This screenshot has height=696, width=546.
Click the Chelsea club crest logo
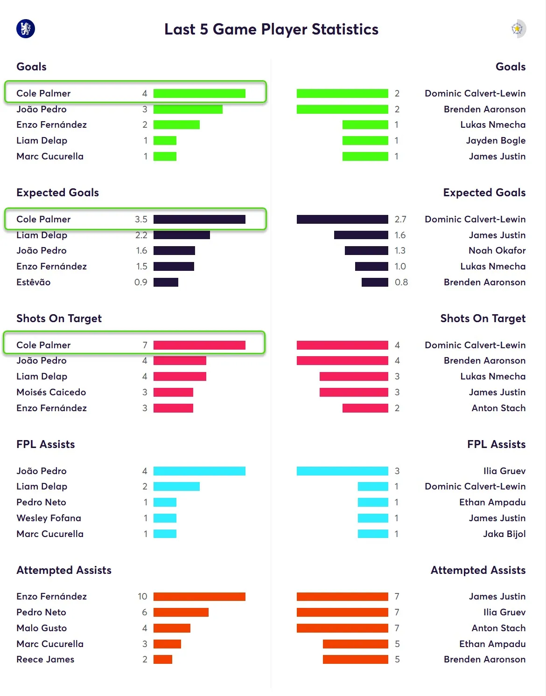[x=26, y=28]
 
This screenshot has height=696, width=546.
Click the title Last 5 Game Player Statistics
[x=271, y=29]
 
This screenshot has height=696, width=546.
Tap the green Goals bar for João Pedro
[x=188, y=109]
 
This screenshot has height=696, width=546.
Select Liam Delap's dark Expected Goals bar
[x=182, y=235]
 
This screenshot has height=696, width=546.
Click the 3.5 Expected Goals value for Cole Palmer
[x=141, y=219]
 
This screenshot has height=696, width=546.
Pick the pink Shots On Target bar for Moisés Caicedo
[x=173, y=392]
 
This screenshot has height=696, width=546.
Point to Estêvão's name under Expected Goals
[x=34, y=282]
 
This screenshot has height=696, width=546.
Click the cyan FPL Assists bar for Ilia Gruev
[x=342, y=471]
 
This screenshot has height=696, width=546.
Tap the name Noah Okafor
[x=497, y=250]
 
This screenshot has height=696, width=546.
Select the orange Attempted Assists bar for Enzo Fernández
[x=199, y=596]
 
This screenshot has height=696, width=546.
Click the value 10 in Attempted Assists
[x=142, y=596]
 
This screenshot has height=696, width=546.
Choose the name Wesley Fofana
[x=49, y=518]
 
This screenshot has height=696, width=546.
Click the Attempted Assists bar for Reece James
[x=163, y=659]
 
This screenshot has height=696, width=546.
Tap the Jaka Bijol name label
[x=504, y=534]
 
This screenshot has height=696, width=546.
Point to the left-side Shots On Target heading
[x=59, y=318]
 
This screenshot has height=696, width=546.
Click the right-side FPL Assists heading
[x=496, y=444]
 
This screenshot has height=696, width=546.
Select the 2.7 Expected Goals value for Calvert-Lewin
[x=400, y=219]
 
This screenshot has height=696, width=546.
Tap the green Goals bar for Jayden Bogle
[x=365, y=140]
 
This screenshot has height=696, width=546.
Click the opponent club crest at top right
[x=518, y=28]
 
